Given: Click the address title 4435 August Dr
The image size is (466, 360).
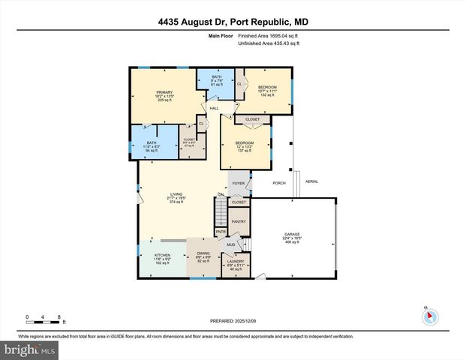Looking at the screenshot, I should (x=233, y=22).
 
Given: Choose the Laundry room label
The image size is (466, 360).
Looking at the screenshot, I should (x=236, y=264).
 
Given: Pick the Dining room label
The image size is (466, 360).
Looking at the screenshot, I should (x=203, y=256).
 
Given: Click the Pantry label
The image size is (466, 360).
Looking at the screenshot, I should (x=238, y=221).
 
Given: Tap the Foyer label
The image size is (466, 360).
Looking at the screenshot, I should (x=238, y=183).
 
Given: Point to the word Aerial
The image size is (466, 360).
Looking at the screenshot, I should (x=311, y=181).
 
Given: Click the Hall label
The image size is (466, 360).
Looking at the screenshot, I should (x=214, y=109).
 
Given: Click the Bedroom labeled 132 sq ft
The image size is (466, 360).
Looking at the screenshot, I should (x=268, y=90).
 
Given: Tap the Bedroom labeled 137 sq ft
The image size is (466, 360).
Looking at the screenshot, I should (x=244, y=146).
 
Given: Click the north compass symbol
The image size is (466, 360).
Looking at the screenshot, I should (x=428, y=316).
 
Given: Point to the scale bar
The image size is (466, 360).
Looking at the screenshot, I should (x=44, y=322).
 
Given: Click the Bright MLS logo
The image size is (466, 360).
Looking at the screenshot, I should (x=30, y=349).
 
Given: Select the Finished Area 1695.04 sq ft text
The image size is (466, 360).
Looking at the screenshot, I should (x=269, y=36).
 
